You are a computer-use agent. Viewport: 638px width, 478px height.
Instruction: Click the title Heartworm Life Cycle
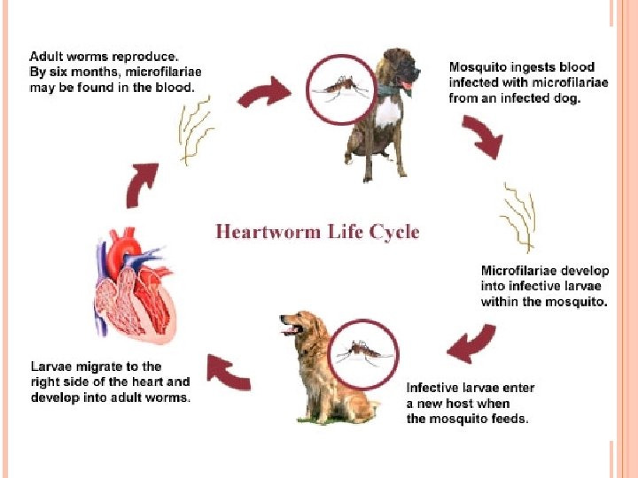pyautogui.click(x=317, y=232)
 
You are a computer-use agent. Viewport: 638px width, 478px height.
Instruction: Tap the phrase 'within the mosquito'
pyautogui.click(x=543, y=302)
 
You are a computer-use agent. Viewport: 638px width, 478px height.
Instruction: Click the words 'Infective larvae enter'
pyautogui.click(x=471, y=388)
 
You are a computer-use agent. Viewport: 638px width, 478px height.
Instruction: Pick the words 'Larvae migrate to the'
pyautogui.click(x=96, y=366)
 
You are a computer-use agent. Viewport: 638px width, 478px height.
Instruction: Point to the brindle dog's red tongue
pyautogui.click(x=407, y=86)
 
